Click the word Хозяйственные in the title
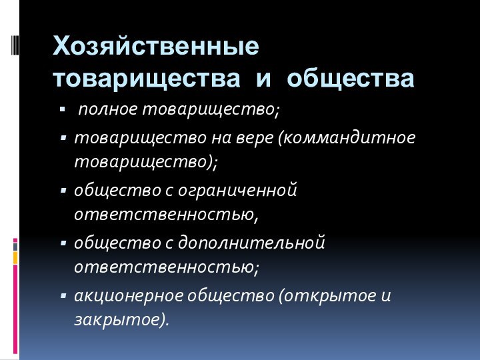pos(157,47)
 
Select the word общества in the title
pos(351,79)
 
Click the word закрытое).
pos(122,320)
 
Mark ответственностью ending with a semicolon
pos(166,268)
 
